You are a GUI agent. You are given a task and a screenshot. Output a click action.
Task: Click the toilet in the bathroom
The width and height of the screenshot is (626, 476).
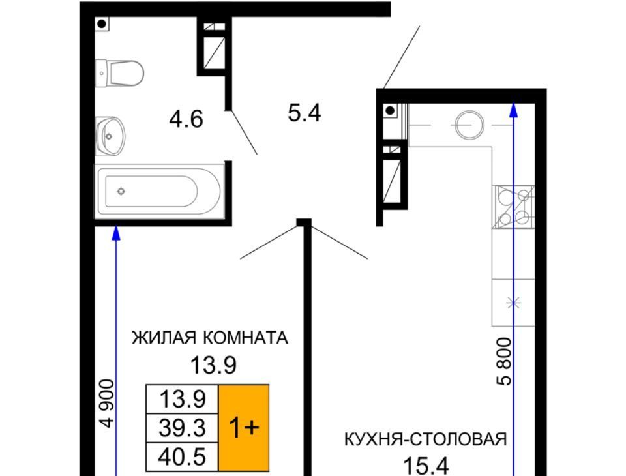(x=119, y=73)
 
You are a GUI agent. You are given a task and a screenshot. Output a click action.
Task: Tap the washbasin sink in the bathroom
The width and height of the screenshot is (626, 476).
(x=110, y=136)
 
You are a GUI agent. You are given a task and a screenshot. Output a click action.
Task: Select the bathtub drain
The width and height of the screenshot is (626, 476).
(x=121, y=192)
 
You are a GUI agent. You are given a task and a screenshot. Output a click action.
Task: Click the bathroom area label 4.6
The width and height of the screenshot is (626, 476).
(x=186, y=119)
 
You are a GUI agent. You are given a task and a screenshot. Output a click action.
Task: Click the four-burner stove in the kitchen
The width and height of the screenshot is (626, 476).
(x=513, y=207)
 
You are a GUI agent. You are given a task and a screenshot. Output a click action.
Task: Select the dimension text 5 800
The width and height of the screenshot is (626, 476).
(x=504, y=361)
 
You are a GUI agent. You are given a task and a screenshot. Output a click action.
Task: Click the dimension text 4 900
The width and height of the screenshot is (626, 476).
(x=106, y=404)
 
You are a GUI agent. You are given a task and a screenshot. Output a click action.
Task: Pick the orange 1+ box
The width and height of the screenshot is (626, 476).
(x=243, y=428)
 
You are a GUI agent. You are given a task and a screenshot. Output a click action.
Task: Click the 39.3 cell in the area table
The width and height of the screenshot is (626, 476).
(x=182, y=428)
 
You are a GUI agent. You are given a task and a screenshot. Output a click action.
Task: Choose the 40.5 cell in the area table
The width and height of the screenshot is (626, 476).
(x=182, y=457)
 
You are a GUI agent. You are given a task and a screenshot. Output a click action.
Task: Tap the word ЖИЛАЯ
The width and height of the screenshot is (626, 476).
(x=164, y=338)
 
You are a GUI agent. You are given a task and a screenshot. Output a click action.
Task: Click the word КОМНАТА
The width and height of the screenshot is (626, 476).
(x=246, y=338)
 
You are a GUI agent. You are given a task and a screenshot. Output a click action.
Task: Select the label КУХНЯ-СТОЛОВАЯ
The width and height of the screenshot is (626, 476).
(x=426, y=439)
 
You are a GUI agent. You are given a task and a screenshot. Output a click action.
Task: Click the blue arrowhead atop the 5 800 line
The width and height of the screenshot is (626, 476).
(x=514, y=110)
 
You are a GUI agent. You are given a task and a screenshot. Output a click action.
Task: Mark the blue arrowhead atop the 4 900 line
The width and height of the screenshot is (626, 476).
(x=116, y=233)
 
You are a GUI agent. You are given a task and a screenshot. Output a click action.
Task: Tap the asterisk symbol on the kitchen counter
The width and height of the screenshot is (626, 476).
(x=513, y=303)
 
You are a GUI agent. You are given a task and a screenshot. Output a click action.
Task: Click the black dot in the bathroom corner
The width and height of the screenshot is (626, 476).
(x=102, y=24)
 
